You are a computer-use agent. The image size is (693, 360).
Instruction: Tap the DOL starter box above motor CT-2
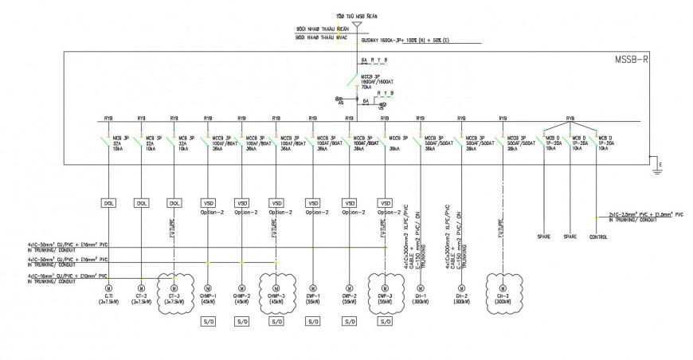[141, 203]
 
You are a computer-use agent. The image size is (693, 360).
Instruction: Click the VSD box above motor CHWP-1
[209, 203]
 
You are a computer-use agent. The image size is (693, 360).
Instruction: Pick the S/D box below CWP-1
[312, 322]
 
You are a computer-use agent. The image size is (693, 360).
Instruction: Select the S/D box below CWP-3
[386, 322]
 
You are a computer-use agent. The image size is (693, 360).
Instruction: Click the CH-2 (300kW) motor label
[461, 299]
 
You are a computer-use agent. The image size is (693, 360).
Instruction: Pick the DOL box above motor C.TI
[108, 203]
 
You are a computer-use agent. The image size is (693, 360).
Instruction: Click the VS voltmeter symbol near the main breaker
[340, 100]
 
